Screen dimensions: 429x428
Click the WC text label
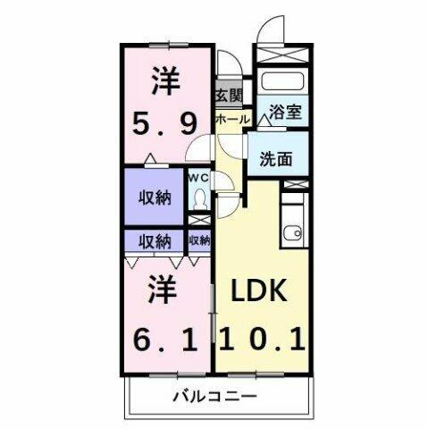click(x=198, y=178)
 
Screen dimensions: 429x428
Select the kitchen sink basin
click(x=291, y=235)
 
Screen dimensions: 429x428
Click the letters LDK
click(x=261, y=292)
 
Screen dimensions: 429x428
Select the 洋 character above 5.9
click(x=165, y=82)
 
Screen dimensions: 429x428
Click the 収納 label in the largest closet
click(x=155, y=198)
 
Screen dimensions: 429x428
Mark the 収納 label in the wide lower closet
click(x=154, y=240)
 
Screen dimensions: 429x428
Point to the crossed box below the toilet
click(x=199, y=220)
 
